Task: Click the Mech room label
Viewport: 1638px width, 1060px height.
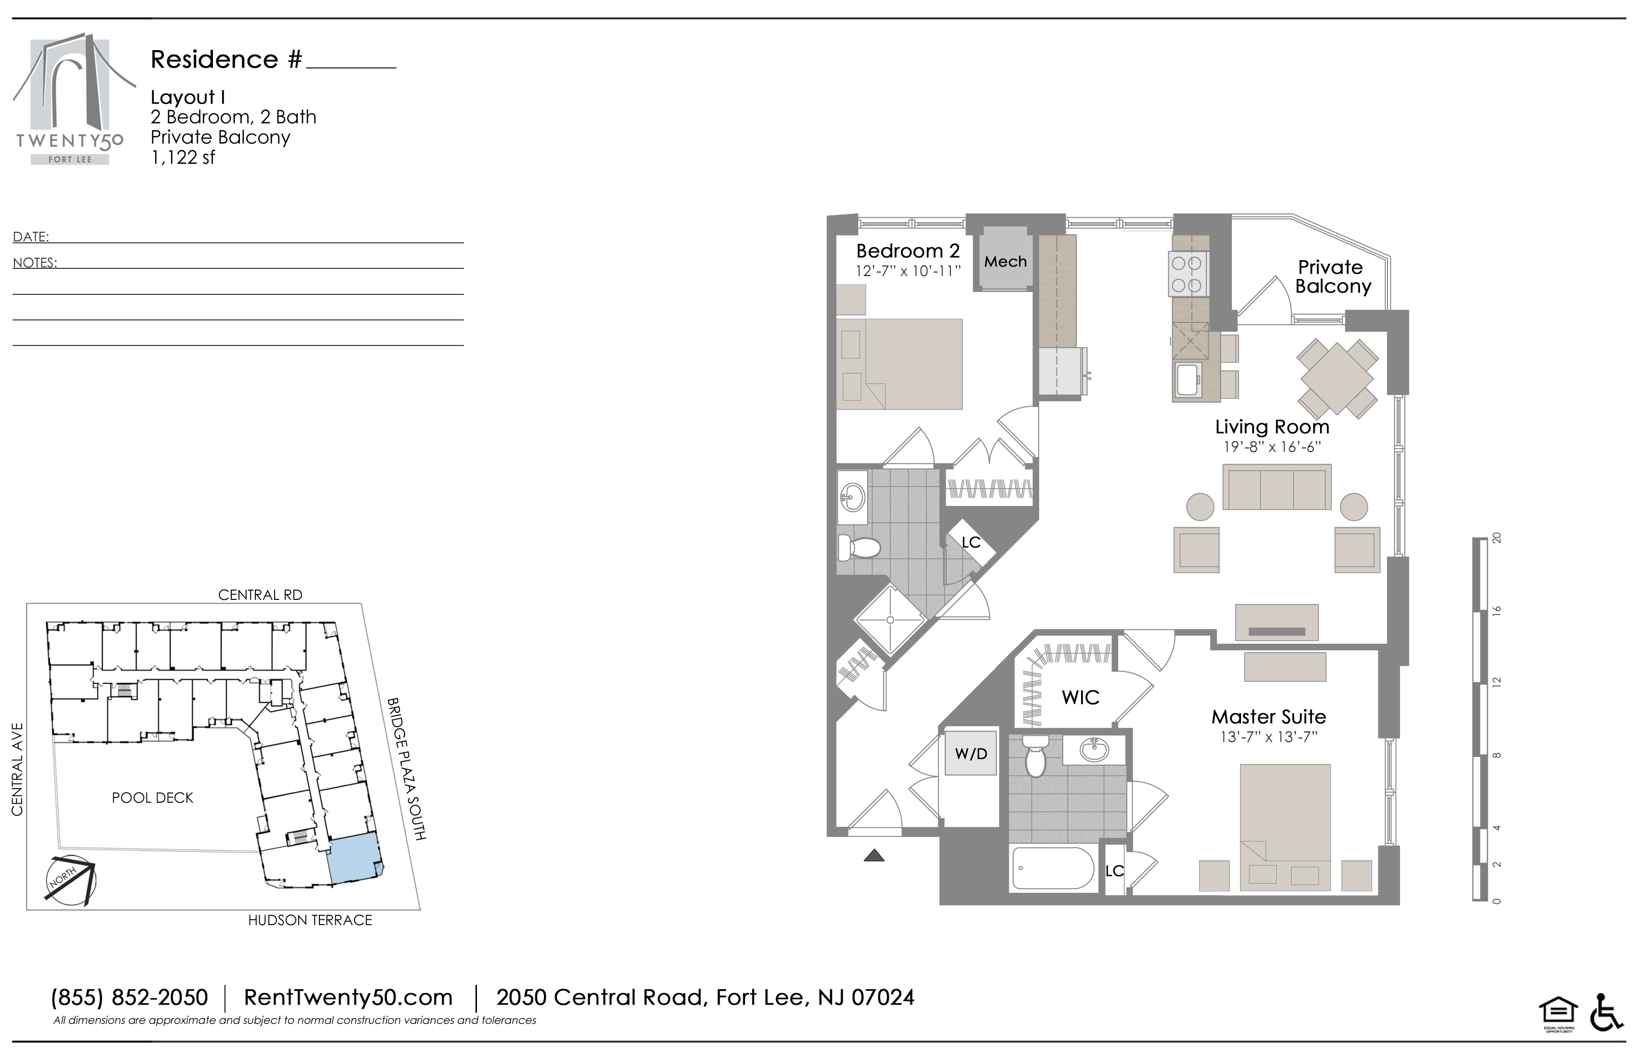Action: pyautogui.click(x=1005, y=262)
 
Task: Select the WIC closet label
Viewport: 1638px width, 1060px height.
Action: pyautogui.click(x=1081, y=697)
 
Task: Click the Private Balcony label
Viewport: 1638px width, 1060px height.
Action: pyautogui.click(x=1333, y=277)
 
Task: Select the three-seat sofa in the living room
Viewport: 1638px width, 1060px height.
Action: pyautogui.click(x=1277, y=487)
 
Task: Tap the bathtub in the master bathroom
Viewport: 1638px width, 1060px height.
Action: pyautogui.click(x=1053, y=869)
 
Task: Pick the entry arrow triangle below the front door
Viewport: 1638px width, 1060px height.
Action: pyautogui.click(x=873, y=856)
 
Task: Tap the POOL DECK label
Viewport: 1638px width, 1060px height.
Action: pyautogui.click(x=153, y=798)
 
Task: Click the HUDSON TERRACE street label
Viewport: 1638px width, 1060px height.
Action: pyautogui.click(x=310, y=920)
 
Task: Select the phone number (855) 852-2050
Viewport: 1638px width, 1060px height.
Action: pyautogui.click(x=130, y=997)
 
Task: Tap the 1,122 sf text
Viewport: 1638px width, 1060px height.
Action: pyautogui.click(x=183, y=158)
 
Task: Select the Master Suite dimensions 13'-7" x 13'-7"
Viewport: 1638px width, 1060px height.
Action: pyautogui.click(x=1268, y=737)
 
